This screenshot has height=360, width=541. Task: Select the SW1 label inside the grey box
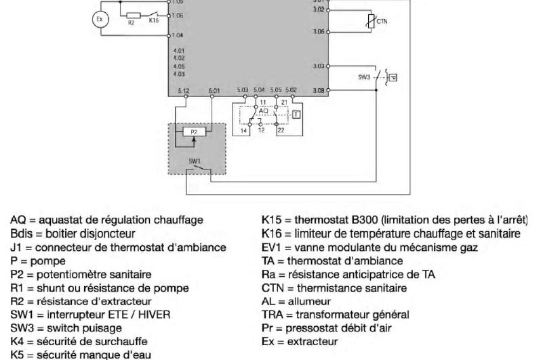[x=194, y=163]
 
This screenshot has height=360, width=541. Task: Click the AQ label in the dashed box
[x=254, y=111]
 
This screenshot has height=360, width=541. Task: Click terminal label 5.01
[x=214, y=89]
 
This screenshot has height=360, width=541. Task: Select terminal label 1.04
[x=178, y=34]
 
